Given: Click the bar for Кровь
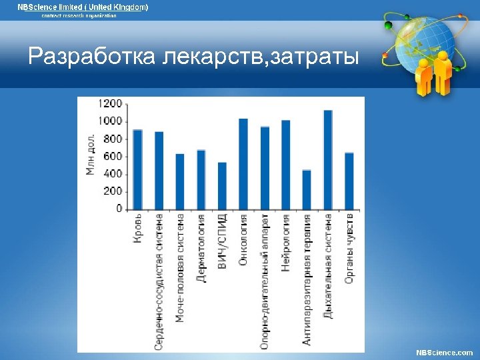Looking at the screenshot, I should (x=137, y=169).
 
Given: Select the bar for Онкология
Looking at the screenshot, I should (x=243, y=164).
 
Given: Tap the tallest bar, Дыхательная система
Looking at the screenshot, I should (x=327, y=160).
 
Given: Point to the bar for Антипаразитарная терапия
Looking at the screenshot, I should (x=307, y=189).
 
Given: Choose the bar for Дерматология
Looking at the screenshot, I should (x=201, y=179).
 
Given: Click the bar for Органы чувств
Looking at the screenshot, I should (x=349, y=181).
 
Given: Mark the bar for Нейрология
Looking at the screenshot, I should (x=285, y=165).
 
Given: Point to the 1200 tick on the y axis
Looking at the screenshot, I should (x=111, y=104).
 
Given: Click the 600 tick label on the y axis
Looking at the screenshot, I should (x=113, y=157).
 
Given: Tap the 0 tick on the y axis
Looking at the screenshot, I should (x=119, y=209).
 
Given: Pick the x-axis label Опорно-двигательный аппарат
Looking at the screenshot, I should (x=265, y=280).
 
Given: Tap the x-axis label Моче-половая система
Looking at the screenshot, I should (x=180, y=267).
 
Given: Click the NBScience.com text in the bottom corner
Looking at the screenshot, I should (x=444, y=352).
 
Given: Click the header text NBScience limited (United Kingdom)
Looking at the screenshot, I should (x=83, y=7).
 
